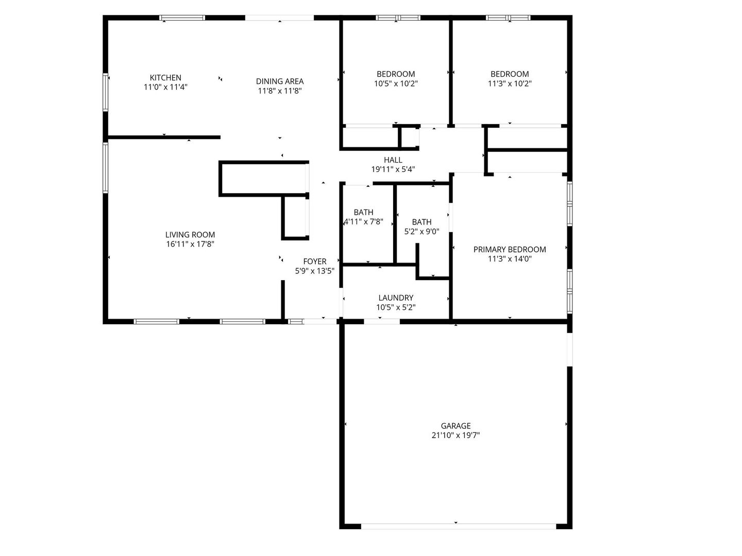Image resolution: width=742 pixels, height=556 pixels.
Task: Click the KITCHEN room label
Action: tap(165, 78)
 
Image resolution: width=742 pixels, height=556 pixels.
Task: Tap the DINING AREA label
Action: tap(280, 81)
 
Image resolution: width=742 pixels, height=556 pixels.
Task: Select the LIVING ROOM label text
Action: tap(190, 235)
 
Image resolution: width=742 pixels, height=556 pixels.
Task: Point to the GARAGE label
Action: tap(456, 426)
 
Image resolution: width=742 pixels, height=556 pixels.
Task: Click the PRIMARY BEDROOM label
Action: tap(510, 249)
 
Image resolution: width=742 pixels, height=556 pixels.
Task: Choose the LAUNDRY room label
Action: tap(396, 298)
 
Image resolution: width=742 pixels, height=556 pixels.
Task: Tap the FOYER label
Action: tap(314, 262)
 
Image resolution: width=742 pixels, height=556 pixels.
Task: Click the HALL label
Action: tap(393, 160)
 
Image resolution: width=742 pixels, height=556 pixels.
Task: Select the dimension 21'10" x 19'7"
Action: tap(456, 436)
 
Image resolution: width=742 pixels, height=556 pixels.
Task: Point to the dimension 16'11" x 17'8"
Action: tap(190, 245)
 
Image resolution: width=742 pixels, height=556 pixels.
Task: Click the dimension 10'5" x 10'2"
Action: tap(396, 83)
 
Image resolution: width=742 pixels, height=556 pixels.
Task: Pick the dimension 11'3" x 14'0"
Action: tap(510, 259)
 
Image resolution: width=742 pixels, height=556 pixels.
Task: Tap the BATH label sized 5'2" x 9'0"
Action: tap(421, 222)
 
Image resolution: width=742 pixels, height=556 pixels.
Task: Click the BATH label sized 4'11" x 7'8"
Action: tap(363, 212)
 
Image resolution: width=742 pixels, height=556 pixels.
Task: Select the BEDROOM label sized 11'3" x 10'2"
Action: tap(510, 74)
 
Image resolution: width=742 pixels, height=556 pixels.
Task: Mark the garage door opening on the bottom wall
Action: tap(459, 526)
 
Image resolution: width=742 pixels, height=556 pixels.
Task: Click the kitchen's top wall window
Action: tap(182, 18)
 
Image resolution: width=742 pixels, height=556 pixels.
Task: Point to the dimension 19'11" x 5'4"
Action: tap(393, 169)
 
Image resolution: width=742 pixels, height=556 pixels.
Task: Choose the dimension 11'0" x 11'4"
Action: tap(165, 88)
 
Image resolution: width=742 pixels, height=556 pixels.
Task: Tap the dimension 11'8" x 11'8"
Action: tap(280, 91)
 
